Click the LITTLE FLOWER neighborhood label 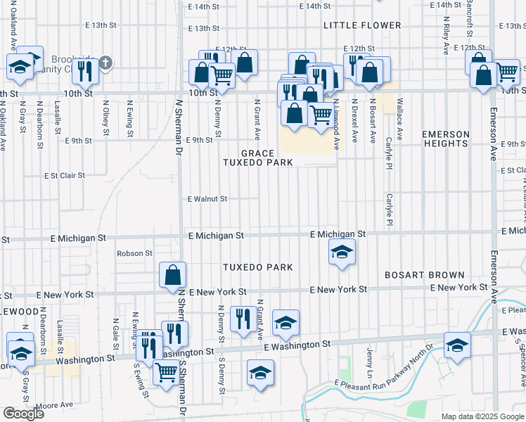click(362, 25)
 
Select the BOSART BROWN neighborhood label click(424, 275)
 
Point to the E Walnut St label click(207, 199)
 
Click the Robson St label click(135, 253)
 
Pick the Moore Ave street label click(54, 405)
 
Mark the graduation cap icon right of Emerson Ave click(457, 345)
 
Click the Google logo click(23, 414)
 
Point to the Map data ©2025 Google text click(482, 416)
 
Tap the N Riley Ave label click(446, 39)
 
